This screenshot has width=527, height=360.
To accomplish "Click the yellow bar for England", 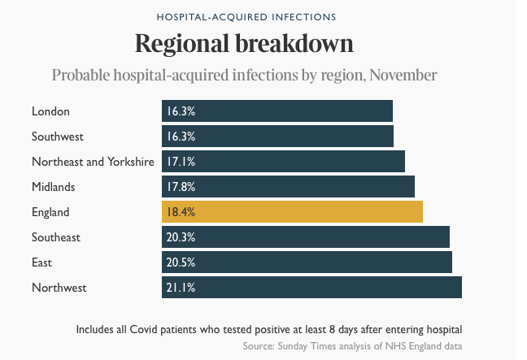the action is point(292,211).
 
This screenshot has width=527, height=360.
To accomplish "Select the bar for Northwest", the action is point(311,287).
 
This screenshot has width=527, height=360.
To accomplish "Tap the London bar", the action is point(277,111).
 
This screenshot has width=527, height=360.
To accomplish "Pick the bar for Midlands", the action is point(288,186).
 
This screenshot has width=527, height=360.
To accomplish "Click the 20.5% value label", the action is point(181,262).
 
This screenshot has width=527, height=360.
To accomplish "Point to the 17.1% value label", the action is point(181,162).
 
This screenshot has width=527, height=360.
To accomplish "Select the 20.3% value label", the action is point(181,237).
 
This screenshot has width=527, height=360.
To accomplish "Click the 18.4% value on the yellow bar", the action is point(181,212).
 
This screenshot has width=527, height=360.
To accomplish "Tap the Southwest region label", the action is point(58,137).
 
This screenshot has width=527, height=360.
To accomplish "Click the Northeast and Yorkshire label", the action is point(93,162).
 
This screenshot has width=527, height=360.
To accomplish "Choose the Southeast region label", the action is point(56,237).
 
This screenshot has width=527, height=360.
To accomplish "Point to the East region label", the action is point(41,262).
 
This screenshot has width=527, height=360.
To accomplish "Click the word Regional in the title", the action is point(182,44).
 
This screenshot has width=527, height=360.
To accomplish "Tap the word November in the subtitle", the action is point(403,75).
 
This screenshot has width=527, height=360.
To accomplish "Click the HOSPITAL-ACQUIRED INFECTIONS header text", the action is point(246,17).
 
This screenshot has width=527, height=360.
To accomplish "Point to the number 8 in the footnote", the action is point(332,329).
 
